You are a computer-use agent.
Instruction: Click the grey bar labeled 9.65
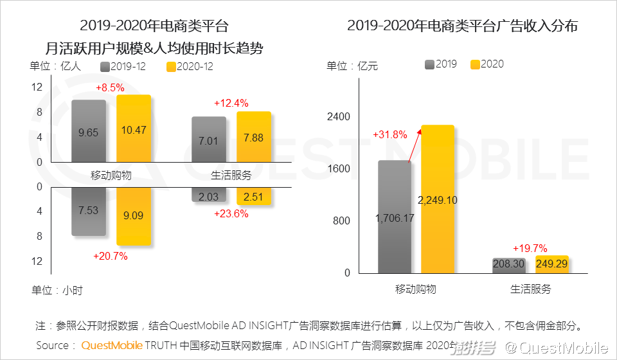89,131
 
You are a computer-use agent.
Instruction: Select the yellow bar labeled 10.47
134,129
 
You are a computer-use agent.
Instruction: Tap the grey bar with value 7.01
209,139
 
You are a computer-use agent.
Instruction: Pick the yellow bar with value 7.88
254,137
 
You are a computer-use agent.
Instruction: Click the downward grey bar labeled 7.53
89,212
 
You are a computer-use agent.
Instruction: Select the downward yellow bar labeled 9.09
134,216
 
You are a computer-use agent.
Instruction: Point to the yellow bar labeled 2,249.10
437,199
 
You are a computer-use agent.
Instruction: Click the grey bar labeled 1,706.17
394,217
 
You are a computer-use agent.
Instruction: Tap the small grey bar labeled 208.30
508,265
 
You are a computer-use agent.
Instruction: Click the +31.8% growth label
390,135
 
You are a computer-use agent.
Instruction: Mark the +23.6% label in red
231,214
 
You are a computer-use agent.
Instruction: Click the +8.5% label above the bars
110,87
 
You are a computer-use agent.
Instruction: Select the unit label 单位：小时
57,290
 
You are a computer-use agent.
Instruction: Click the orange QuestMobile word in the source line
112,346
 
